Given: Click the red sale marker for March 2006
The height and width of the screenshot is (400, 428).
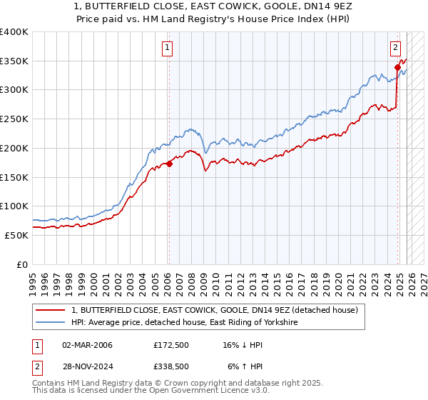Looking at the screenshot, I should pos(169,164).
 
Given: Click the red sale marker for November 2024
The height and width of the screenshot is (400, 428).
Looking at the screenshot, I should pos(398,67).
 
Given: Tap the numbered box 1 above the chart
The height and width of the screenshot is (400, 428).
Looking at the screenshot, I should pos(167,48).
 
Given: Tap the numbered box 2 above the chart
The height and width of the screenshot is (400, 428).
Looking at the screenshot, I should pos(394,48).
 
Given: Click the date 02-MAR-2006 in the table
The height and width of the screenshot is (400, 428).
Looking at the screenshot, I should pos(87,345).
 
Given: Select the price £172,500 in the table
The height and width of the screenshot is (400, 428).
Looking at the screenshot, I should pos(171,345).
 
